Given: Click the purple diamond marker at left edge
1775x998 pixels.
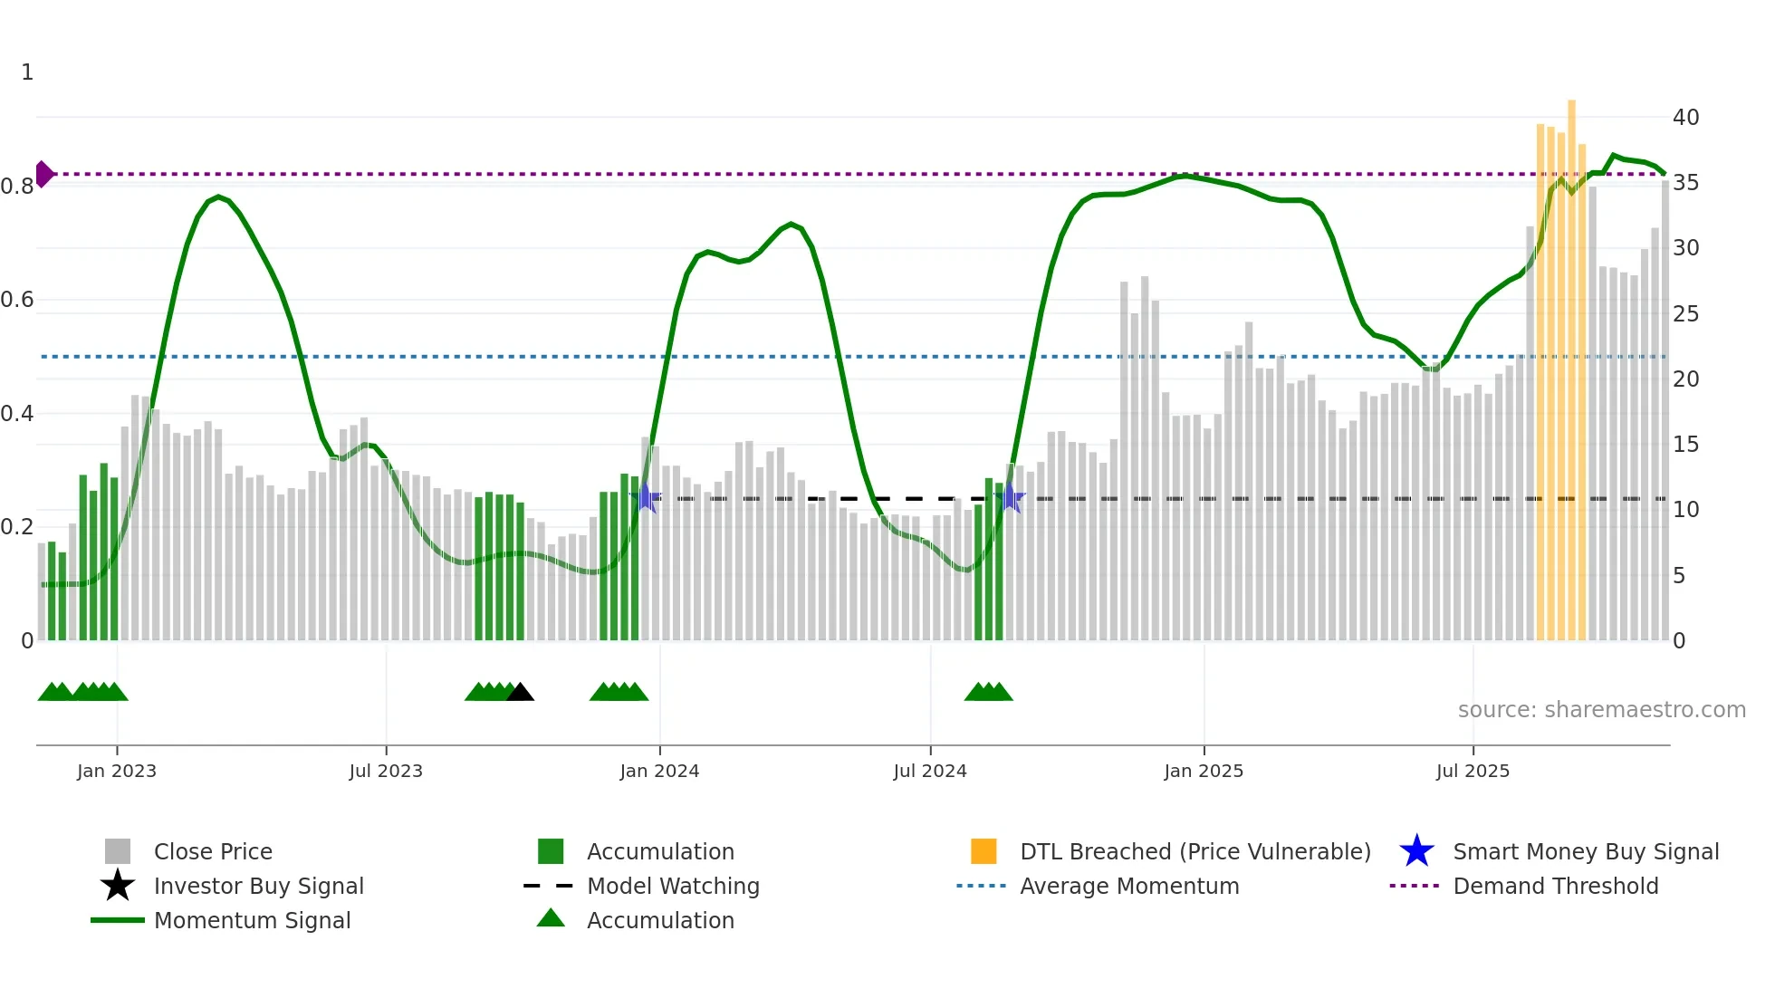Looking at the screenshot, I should (x=43, y=174).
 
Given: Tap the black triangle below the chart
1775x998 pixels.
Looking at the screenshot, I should (x=520, y=693).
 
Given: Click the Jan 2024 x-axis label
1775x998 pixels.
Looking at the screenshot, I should (x=659, y=771).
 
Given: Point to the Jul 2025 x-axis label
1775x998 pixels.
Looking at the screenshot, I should (x=1473, y=771).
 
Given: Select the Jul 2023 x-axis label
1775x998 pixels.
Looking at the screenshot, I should (x=386, y=771).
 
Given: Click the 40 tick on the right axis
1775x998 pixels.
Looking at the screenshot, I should (x=1685, y=118).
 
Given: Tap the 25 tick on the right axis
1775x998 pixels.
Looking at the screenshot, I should (x=1685, y=314).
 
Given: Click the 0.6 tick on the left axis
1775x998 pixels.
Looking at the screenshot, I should (x=18, y=300).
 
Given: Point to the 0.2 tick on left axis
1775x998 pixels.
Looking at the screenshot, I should (x=18, y=527).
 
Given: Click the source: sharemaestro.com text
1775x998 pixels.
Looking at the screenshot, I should (x=1601, y=710).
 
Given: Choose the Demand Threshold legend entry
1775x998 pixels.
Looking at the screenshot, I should (x=1555, y=887).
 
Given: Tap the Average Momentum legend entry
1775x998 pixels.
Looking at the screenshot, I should (x=1128, y=887).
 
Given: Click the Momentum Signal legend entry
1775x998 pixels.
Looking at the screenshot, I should (x=252, y=921).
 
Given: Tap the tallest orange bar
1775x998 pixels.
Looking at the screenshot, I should (x=1571, y=362).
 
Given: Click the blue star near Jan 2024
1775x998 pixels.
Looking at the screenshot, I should (x=647, y=498).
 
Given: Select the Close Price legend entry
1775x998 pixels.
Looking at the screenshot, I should (x=213, y=852).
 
